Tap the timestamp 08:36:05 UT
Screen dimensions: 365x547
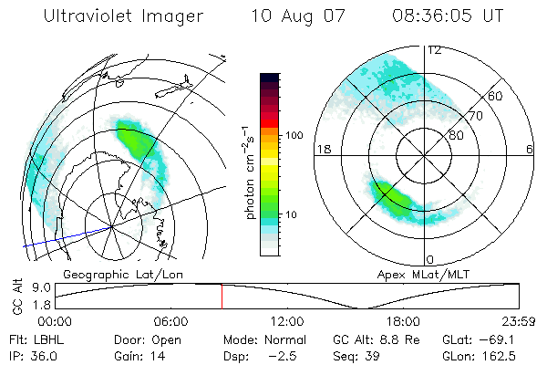pos(446,17)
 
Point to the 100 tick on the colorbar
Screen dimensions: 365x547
pos(294,135)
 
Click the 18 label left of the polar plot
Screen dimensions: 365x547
pos(321,149)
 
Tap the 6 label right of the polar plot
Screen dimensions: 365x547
pos(531,149)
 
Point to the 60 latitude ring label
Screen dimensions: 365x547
pos(495,96)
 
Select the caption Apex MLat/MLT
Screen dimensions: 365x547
pos(417,273)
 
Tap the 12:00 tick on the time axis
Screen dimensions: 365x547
pos(287,321)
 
